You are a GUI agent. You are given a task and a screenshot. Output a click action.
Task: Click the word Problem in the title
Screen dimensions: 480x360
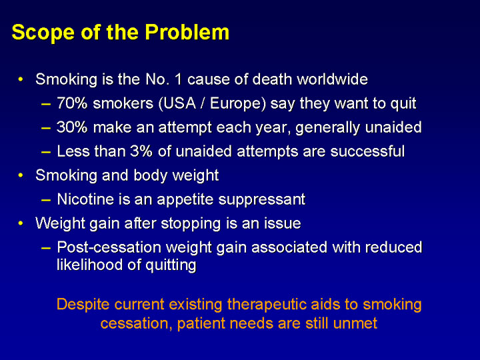187,32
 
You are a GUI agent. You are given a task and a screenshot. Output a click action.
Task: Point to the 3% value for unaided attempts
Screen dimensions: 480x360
141,151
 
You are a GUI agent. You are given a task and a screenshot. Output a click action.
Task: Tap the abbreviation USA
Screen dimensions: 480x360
177,103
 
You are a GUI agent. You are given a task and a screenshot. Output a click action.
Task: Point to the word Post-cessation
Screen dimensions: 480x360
109,247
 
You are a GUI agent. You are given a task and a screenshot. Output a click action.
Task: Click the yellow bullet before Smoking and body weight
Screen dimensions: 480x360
21,175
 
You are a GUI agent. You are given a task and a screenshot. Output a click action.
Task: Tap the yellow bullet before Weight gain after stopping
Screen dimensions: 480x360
21,223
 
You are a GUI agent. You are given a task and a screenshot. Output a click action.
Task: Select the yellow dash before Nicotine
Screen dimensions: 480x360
46,200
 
